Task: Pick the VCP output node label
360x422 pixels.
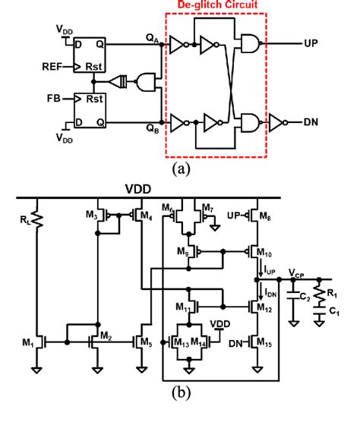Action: coord(298,272)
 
